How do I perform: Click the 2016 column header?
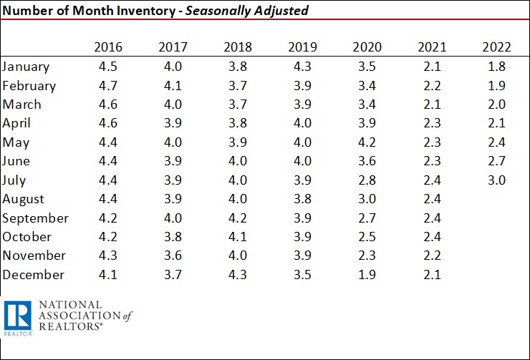[x=108, y=47]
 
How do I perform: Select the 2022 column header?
[x=497, y=47]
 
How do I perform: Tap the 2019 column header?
[x=302, y=47]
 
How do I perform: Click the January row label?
[x=26, y=67]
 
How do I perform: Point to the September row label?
[x=36, y=218]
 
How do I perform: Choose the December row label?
[x=34, y=275]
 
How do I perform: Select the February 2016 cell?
[x=108, y=85]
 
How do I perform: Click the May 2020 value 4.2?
[x=367, y=142]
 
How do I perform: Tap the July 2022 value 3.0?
[x=497, y=180]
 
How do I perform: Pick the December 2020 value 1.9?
[x=367, y=275]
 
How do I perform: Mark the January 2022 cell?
[x=497, y=67]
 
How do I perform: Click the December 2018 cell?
[x=238, y=275]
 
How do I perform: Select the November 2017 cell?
[x=173, y=256]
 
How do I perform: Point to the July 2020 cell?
[x=367, y=180]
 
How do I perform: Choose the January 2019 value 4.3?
[x=302, y=67]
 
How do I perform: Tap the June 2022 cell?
[x=497, y=161]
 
